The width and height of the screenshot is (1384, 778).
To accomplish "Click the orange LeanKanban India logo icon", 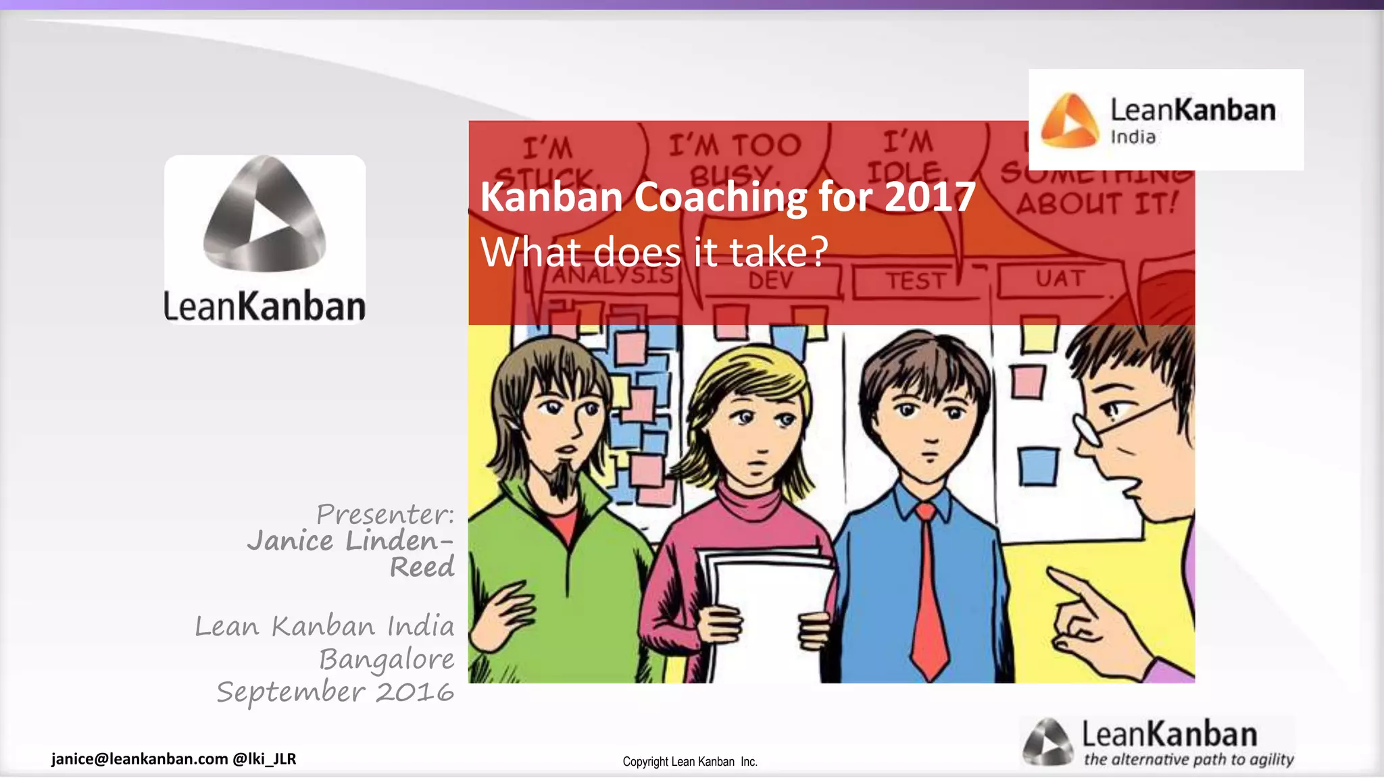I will (1070, 120).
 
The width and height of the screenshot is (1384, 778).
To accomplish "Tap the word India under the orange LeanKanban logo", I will (1133, 137).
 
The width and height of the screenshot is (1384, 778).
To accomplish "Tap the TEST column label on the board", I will (916, 281).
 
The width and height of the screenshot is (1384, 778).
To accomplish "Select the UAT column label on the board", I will (1060, 278).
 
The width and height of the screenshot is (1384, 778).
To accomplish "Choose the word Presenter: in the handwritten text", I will (385, 515).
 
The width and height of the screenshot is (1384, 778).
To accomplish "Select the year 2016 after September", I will (414, 692).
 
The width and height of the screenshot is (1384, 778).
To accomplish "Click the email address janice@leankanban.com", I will (140, 759).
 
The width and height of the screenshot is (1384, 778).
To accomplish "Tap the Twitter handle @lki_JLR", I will (264, 759).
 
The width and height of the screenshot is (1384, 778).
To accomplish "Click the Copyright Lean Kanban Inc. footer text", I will (690, 762).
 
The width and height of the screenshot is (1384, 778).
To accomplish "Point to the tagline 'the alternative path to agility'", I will (1189, 760).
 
